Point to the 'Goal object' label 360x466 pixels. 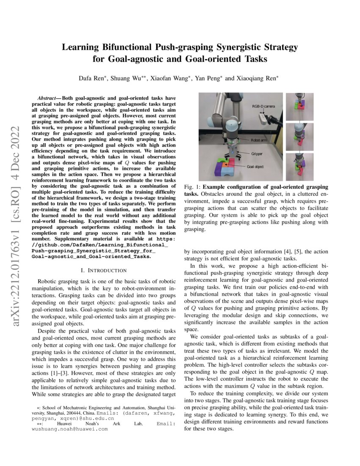click(255, 166)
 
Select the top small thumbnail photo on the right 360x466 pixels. click(299, 107)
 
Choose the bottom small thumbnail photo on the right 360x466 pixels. click(299, 167)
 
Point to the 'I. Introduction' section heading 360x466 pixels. click(104, 270)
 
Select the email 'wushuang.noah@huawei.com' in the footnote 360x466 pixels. click(70, 429)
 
